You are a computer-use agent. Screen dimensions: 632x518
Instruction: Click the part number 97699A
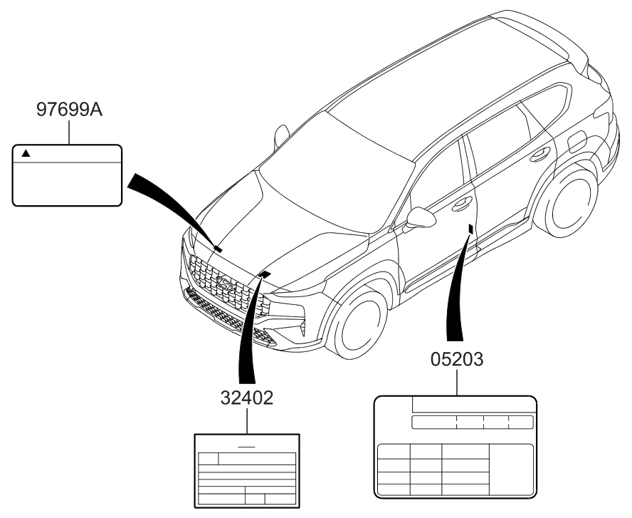coord(69,109)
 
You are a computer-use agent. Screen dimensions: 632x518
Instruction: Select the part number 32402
coord(247,398)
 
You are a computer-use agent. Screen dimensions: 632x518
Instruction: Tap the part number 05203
coord(457,359)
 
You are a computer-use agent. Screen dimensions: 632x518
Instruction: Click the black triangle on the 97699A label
coord(26,153)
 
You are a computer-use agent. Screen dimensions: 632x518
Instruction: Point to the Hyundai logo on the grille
coord(226,283)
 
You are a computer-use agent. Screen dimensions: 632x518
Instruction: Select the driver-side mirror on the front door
coord(421,218)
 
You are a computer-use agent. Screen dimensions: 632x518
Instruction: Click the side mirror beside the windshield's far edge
coord(281,135)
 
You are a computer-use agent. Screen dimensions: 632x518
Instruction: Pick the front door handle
coord(462,203)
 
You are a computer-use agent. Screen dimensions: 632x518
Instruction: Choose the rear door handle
coord(540,154)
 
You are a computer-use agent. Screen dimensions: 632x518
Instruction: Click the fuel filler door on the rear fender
coord(577,142)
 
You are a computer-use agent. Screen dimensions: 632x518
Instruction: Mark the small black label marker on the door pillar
coord(470,229)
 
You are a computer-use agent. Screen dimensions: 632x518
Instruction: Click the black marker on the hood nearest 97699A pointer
coord(218,249)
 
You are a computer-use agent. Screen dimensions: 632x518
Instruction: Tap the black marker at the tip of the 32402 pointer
coord(265,274)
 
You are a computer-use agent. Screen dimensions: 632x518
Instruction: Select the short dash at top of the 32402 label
coord(247,447)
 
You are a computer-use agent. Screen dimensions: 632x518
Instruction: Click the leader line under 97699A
coord(69,132)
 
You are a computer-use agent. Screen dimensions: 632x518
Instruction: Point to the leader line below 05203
coord(457,383)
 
